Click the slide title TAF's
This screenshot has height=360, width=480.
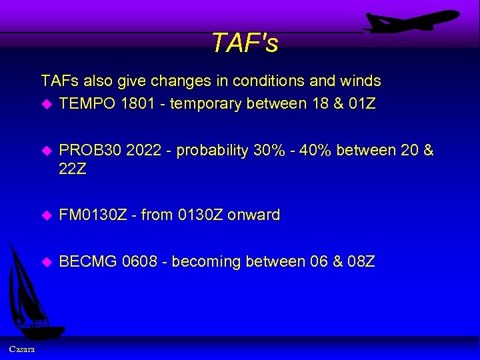pos(245,43)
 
